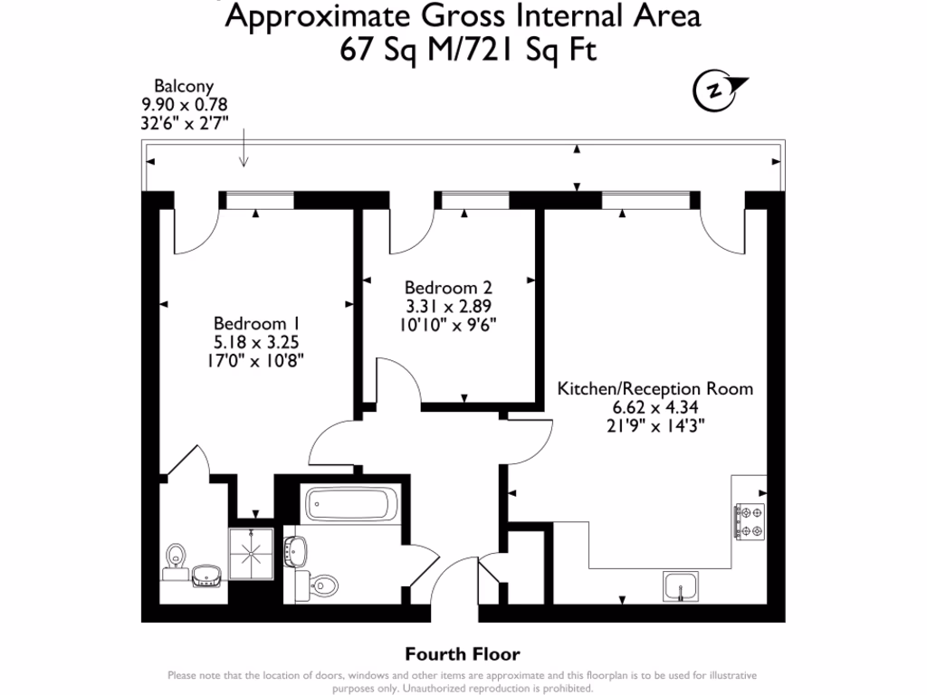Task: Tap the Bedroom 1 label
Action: click(257, 324)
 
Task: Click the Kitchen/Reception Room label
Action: click(655, 389)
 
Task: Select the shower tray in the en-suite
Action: click(251, 552)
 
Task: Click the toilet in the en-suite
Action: click(175, 560)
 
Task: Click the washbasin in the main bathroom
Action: click(296, 548)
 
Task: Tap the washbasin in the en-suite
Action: click(207, 576)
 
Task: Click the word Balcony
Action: click(184, 86)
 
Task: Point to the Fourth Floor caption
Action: click(463, 654)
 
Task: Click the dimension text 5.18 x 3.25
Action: click(257, 342)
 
